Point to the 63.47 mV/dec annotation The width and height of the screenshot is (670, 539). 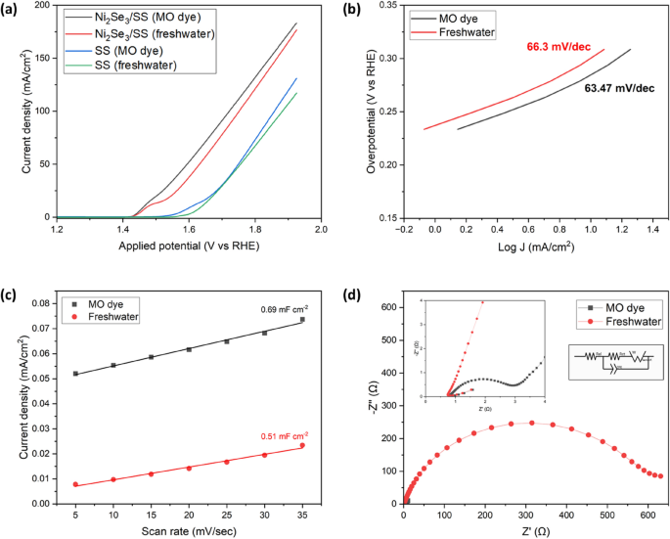(x=618, y=89)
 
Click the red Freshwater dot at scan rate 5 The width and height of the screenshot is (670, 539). (x=75, y=484)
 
